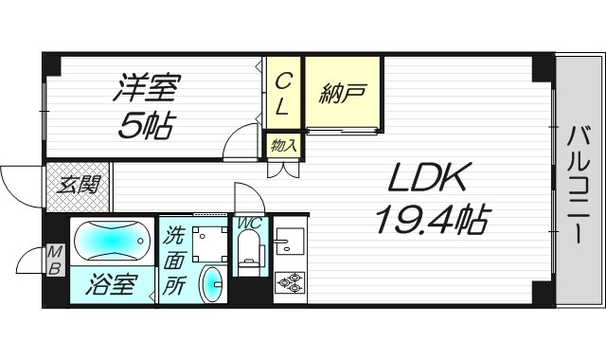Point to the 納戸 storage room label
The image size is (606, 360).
click(344, 95)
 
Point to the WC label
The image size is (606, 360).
click(251, 224)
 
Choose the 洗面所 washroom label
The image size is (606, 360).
click(175, 261)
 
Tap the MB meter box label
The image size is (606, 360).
click(54, 261)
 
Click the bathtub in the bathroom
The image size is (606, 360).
click(111, 242)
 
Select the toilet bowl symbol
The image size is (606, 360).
click(251, 251)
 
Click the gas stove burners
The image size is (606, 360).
click(288, 282)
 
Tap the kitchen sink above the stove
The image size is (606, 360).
click(289, 243)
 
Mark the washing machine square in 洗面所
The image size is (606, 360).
click(208, 244)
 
